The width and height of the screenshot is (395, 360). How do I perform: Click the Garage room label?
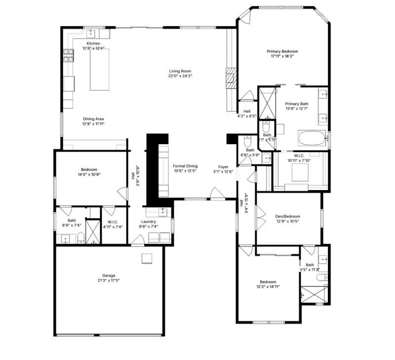click(109, 276)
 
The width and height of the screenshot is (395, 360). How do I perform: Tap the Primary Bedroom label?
click(282, 51)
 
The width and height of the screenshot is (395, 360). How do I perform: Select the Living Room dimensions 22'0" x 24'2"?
click(180, 76)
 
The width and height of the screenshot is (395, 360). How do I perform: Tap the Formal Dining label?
click(185, 166)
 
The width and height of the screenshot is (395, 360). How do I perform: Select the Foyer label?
click(223, 166)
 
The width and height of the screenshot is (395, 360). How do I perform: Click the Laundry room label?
click(149, 222)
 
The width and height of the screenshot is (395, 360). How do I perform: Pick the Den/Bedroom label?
click(288, 216)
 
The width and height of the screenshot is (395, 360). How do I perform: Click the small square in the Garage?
click(147, 258)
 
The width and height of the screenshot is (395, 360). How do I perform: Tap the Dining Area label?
click(93, 119)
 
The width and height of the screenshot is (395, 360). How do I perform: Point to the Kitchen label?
click(94, 43)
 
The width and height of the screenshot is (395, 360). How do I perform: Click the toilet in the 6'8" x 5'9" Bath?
click(247, 142)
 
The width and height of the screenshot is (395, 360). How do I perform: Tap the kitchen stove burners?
click(68, 55)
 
